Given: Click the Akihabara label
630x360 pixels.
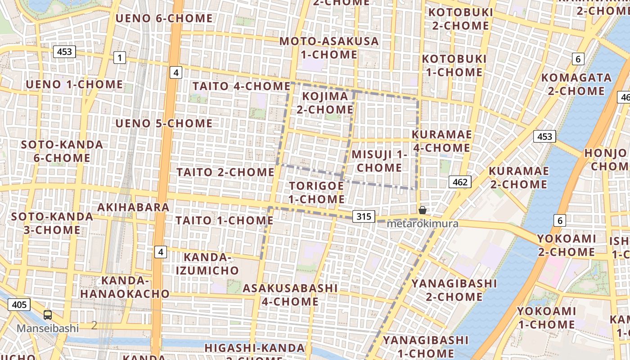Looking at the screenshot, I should (x=133, y=207).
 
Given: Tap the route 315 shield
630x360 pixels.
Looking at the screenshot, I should (x=364, y=216).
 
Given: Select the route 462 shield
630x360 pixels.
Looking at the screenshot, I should (x=459, y=182).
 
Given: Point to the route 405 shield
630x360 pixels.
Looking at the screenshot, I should (x=19, y=305).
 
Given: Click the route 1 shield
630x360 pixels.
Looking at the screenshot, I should (x=119, y=58).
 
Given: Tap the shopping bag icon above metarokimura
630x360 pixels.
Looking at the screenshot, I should (x=423, y=210).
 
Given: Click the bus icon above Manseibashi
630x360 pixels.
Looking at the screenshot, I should (x=48, y=315).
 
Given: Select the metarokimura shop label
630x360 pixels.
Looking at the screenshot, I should (x=423, y=224).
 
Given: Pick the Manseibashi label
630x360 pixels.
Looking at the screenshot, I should (x=48, y=328).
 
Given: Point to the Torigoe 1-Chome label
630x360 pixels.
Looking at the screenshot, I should (x=316, y=192).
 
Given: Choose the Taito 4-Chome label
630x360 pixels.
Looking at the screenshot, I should (x=241, y=86).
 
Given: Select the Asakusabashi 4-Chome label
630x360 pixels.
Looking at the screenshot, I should (x=290, y=294).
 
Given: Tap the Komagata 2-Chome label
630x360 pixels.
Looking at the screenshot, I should (x=576, y=84).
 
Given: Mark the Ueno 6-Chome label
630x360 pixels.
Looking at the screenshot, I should (x=164, y=18).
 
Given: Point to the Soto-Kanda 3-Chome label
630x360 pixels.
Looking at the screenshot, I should (x=52, y=223).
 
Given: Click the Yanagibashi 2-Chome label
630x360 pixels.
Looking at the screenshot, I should (x=454, y=290).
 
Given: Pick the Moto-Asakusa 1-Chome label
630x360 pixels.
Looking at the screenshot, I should (x=329, y=48).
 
